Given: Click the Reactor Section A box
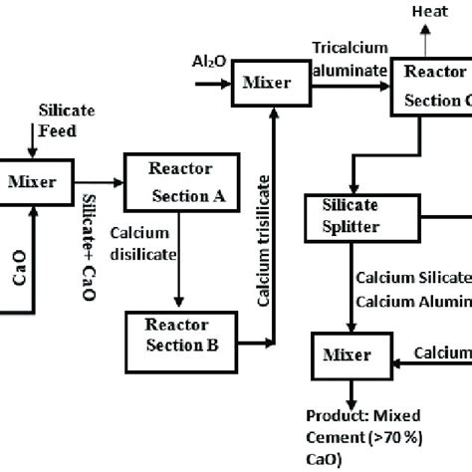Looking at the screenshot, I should point(181,180).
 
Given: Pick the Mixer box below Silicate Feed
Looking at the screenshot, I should point(33,181).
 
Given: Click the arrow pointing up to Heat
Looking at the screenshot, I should point(426,38).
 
